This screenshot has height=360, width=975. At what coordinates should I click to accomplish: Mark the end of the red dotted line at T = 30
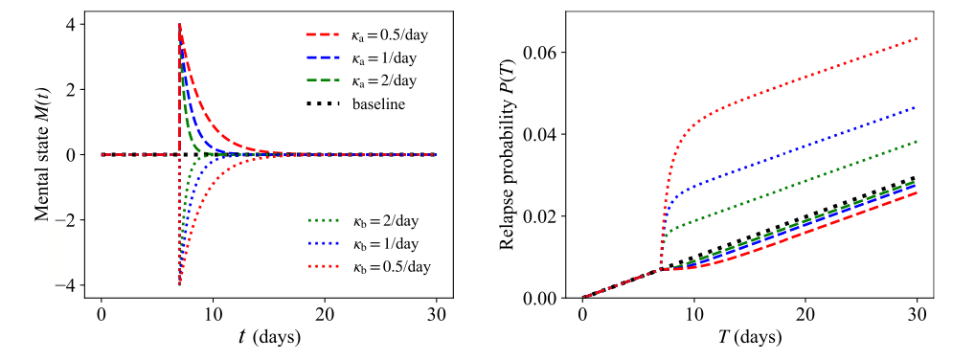tap(917, 38)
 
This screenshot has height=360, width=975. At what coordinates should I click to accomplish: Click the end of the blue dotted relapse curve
tap(917, 107)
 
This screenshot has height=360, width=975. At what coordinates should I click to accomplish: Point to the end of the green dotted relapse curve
tap(917, 142)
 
